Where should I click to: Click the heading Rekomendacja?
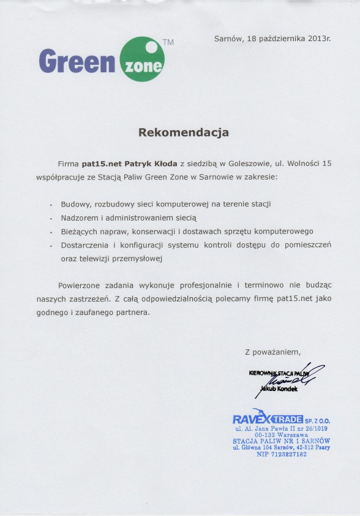click(183, 132)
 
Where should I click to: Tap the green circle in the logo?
click(143, 59)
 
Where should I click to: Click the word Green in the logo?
click(77, 61)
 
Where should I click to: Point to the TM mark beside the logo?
click(168, 43)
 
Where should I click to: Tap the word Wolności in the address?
click(302, 164)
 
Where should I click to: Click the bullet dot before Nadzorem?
click(51, 218)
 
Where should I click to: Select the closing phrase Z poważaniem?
click(272, 352)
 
